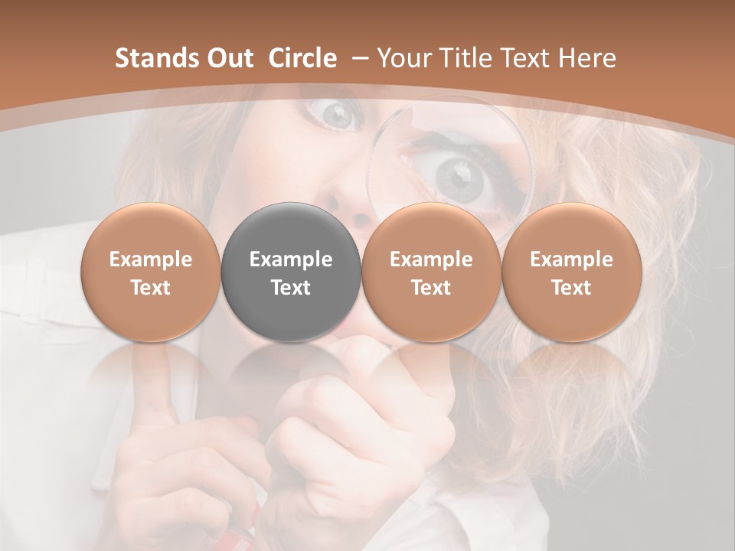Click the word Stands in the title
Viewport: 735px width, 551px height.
click(x=152, y=58)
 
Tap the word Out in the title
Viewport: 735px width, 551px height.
click(x=227, y=58)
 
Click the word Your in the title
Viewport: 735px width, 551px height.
click(x=400, y=58)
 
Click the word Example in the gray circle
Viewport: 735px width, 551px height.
click(x=291, y=259)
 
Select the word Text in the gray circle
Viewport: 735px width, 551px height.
click(x=291, y=288)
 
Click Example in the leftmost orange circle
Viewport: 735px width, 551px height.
click(x=151, y=259)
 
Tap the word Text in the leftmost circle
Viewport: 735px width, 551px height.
click(x=151, y=288)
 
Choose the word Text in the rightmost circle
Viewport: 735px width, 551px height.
click(x=571, y=288)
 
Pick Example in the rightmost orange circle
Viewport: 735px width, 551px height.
click(x=571, y=259)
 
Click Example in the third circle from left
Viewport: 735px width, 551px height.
click(x=431, y=259)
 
